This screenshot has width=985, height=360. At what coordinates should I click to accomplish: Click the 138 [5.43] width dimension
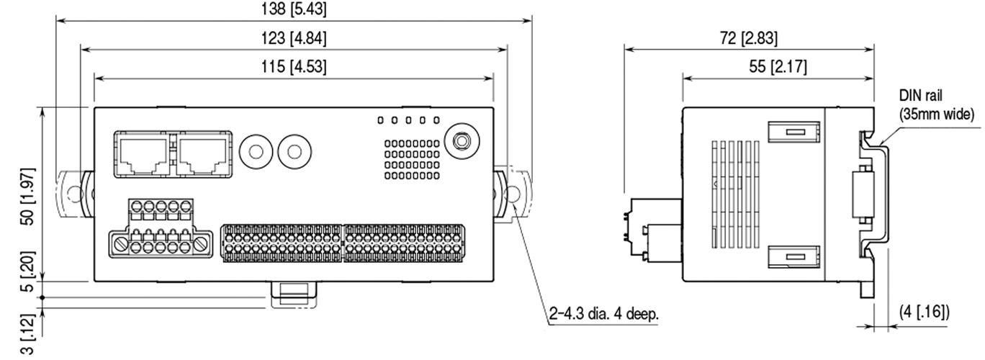click(x=294, y=9)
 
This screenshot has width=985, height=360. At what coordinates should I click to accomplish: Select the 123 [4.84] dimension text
click(x=294, y=38)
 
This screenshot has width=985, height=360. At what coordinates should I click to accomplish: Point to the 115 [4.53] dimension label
click(x=294, y=67)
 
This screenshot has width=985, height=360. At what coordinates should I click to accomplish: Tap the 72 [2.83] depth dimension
click(x=749, y=38)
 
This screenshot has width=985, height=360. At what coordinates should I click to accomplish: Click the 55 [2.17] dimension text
click(x=778, y=67)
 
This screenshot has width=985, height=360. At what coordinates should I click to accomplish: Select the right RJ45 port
click(x=202, y=153)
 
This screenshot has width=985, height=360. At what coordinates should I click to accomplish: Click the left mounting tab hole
click(x=70, y=194)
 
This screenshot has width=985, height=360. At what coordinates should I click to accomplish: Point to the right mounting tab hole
click(x=514, y=194)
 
